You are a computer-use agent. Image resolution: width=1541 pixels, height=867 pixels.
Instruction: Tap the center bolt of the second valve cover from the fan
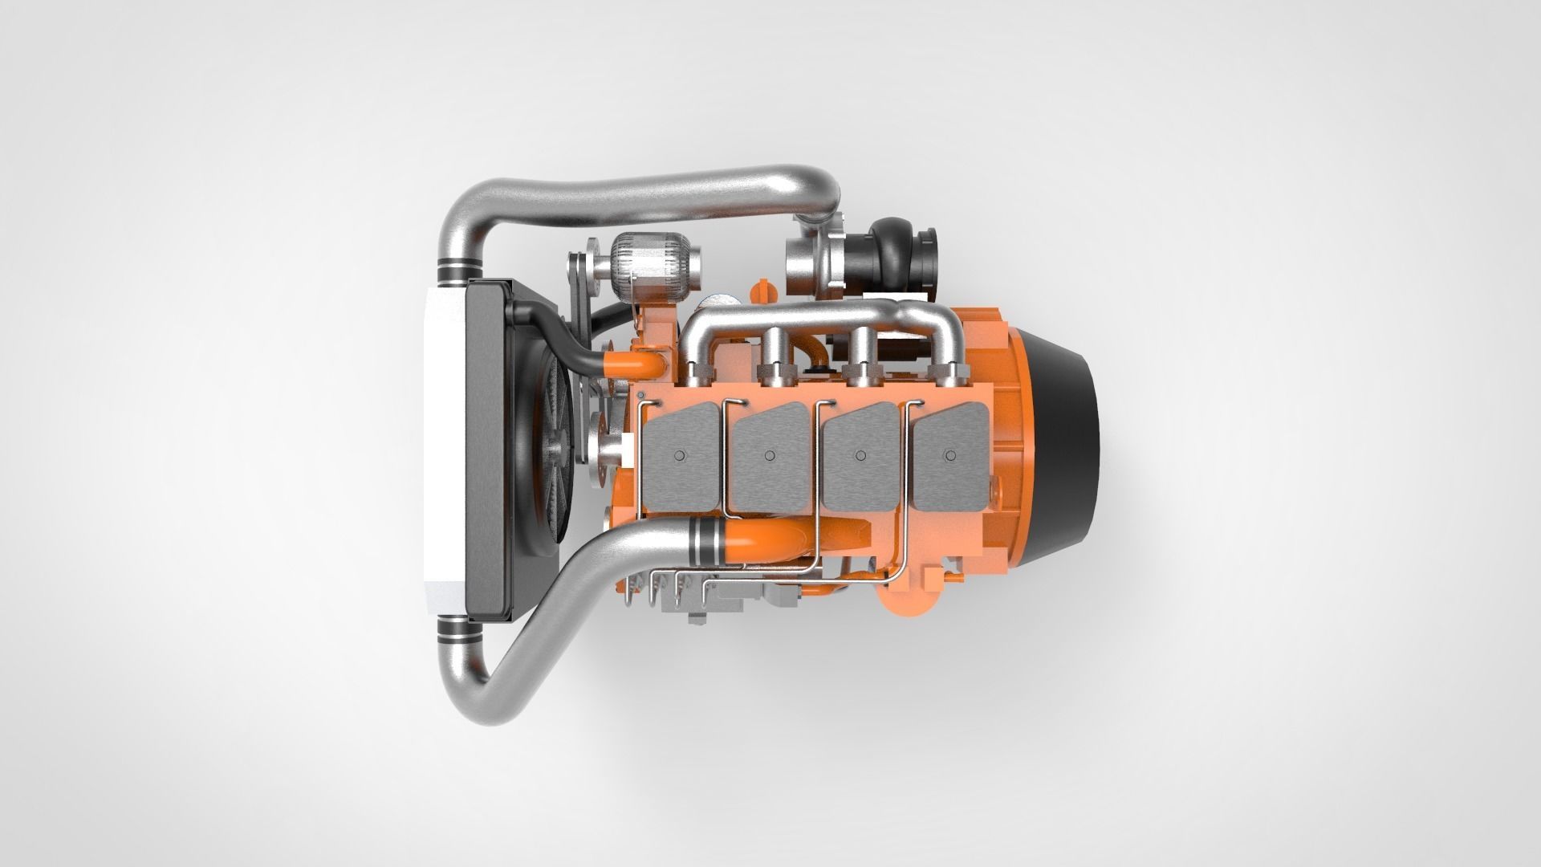click(x=769, y=455)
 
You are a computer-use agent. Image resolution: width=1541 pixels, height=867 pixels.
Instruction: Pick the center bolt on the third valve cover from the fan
click(x=860, y=455)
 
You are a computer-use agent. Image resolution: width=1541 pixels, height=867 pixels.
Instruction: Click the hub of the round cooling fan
click(x=554, y=450)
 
